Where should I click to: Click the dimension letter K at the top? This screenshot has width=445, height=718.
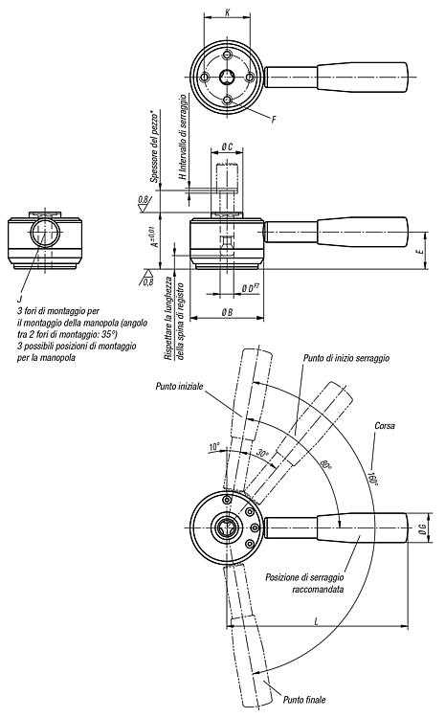point(228,12)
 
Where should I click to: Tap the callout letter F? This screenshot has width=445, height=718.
point(274,120)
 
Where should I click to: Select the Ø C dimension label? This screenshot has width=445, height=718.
point(227,146)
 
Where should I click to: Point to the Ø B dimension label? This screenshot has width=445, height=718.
point(227,312)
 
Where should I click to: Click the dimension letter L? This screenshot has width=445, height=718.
point(317,621)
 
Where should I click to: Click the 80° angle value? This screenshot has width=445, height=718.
point(326,466)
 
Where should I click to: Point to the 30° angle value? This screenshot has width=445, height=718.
point(262,454)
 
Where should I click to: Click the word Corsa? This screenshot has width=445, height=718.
point(384,426)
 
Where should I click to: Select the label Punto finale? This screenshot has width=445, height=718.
point(304,699)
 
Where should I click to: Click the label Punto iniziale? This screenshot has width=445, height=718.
point(179,387)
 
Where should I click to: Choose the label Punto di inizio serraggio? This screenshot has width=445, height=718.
point(346,358)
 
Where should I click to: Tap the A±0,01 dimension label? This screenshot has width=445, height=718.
point(155,236)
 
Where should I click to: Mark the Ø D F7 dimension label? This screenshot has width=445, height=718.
point(251,288)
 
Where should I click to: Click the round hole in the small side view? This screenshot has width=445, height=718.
point(45,233)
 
